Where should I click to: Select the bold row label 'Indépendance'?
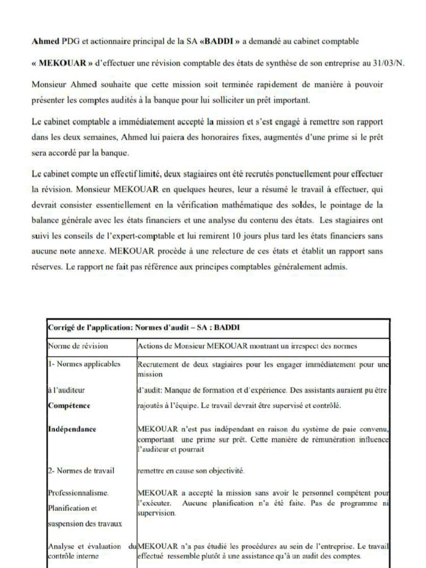[72, 429]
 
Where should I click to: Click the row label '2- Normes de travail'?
[81, 471]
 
